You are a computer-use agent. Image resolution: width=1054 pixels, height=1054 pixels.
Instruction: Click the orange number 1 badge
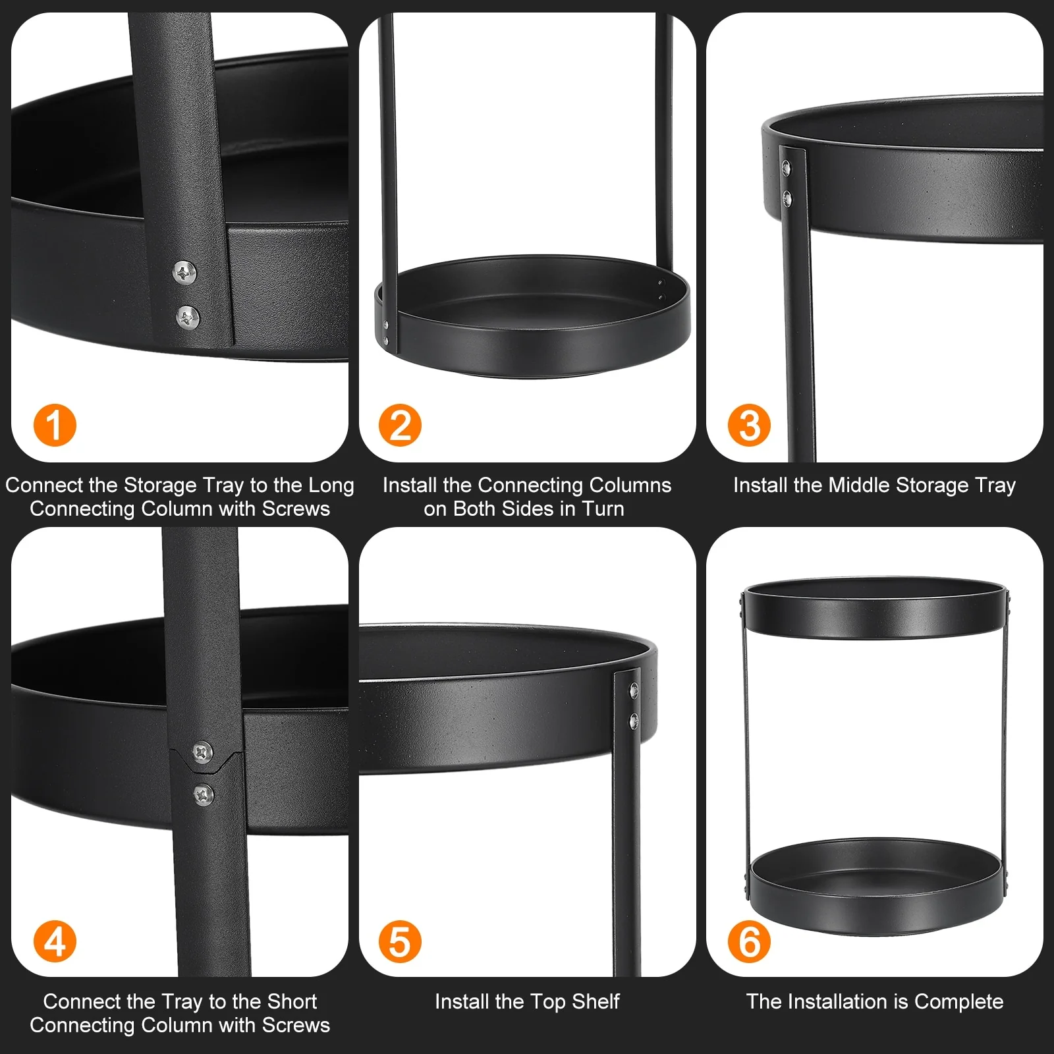click(55, 425)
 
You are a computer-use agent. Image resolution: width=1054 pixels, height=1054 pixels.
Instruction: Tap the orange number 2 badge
click(401, 425)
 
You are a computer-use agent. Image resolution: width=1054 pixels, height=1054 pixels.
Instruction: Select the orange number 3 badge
click(750, 425)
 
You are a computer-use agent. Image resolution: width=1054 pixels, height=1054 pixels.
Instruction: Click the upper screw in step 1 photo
click(184, 271)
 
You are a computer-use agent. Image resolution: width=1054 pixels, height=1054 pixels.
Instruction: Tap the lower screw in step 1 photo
click(188, 317)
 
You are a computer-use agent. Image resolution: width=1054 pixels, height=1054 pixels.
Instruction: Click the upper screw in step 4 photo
click(202, 751)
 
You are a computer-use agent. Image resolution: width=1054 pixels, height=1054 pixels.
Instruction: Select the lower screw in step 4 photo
click(204, 794)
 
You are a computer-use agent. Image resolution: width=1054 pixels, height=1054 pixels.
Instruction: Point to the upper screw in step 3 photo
click(786, 167)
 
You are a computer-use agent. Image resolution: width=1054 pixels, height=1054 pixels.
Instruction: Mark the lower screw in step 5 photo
click(634, 720)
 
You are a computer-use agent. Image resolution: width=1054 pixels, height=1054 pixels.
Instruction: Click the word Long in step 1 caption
click(331, 486)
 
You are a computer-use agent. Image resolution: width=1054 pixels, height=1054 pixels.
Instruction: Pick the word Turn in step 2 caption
click(603, 509)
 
